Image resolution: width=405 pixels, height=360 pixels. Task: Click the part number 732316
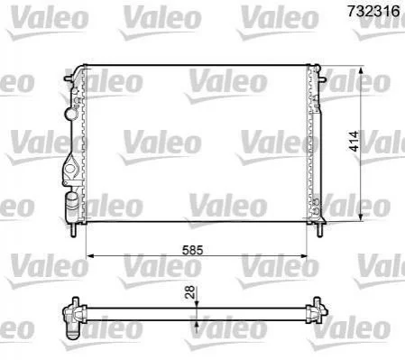pos(373,11)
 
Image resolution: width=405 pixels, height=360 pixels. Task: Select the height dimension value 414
pos(354,141)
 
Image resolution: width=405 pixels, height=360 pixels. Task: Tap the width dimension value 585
pos(193,250)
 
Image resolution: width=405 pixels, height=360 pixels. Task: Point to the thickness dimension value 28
pos(190,291)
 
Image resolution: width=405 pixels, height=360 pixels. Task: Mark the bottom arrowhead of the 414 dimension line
pos(362,217)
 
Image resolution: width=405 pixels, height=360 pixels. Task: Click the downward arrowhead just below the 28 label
pos(197,304)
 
